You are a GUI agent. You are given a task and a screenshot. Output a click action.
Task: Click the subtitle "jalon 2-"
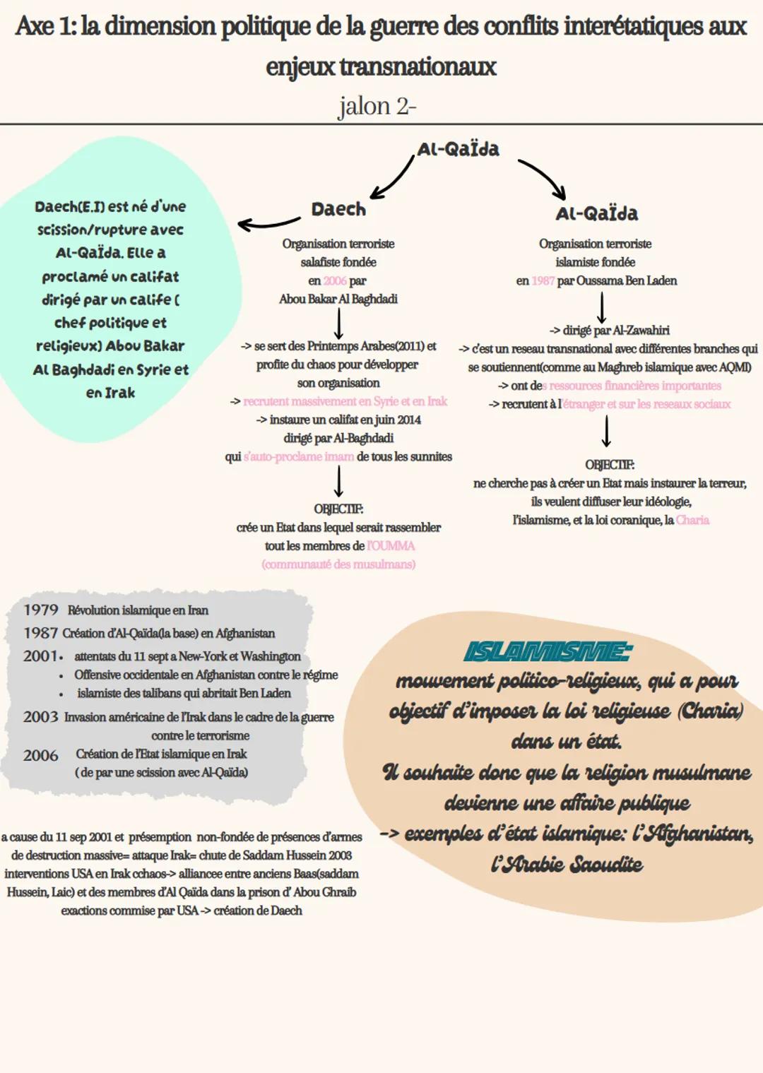(x=377, y=106)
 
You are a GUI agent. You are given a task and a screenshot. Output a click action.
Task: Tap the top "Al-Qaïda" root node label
(x=459, y=149)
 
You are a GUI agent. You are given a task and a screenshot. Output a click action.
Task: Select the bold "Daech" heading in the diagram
(x=338, y=209)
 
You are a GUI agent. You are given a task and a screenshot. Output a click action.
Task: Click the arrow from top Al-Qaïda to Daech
(x=393, y=179)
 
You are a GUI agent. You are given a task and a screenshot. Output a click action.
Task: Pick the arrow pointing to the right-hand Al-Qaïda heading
(x=543, y=178)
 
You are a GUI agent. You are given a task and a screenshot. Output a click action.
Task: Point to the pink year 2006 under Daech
(x=335, y=280)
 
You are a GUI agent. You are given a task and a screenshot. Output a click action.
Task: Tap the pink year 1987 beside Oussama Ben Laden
(x=543, y=280)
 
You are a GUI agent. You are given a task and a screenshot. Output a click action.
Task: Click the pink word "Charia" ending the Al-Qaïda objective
(x=692, y=520)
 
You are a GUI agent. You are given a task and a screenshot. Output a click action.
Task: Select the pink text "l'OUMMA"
(x=391, y=546)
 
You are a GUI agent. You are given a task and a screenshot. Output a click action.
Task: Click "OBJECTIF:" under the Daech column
(x=338, y=509)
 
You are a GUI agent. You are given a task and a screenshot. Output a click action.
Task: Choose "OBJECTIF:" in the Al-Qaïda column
(x=610, y=465)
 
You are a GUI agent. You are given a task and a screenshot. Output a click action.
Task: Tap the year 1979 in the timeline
(x=41, y=610)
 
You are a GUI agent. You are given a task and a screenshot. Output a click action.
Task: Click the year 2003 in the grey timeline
(x=41, y=717)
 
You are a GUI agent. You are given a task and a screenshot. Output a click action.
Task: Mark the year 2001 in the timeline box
(x=41, y=656)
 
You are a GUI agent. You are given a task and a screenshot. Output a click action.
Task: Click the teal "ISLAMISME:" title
(x=548, y=651)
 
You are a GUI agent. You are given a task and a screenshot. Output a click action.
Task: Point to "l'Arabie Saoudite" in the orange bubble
(x=567, y=865)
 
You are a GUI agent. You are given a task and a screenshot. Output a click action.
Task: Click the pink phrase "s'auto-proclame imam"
(x=299, y=457)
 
